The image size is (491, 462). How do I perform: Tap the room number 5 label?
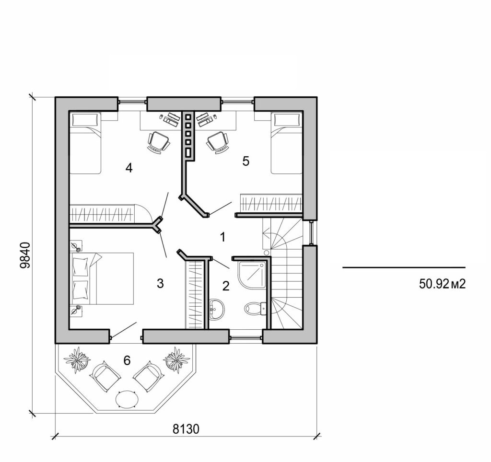pos(245,161)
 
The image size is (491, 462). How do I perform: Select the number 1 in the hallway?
pos(222,236)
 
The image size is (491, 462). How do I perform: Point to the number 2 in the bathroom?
pos(226,286)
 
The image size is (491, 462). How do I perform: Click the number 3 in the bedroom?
pos(160,284)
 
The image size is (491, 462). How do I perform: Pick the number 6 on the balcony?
pos(127,360)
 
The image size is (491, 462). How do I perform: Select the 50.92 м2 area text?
pos(442,284)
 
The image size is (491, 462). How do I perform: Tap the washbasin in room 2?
pos(217,309)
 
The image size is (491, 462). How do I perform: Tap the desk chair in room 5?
pos(217,142)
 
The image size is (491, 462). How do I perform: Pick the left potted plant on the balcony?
pos(77,359)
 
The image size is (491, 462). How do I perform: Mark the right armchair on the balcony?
pos(148,377)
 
